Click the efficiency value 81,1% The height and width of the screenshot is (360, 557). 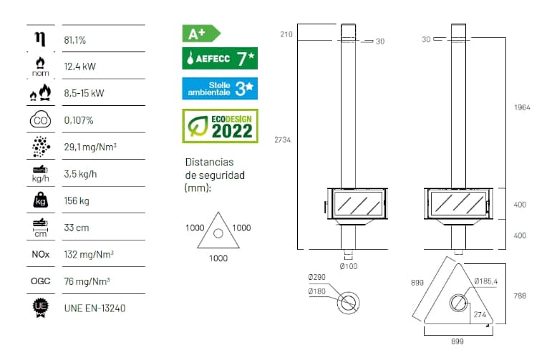(75, 40)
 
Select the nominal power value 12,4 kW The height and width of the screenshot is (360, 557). (80, 67)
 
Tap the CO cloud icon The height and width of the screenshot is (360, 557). (41, 120)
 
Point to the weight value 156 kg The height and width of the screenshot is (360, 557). (77, 200)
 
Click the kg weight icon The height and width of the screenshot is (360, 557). (41, 200)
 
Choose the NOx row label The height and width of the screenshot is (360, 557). (41, 254)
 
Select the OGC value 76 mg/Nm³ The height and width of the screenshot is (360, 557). (87, 281)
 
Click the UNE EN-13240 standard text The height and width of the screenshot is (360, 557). (95, 308)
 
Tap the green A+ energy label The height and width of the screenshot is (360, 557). (201, 34)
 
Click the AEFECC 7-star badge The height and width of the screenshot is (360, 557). (220, 58)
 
